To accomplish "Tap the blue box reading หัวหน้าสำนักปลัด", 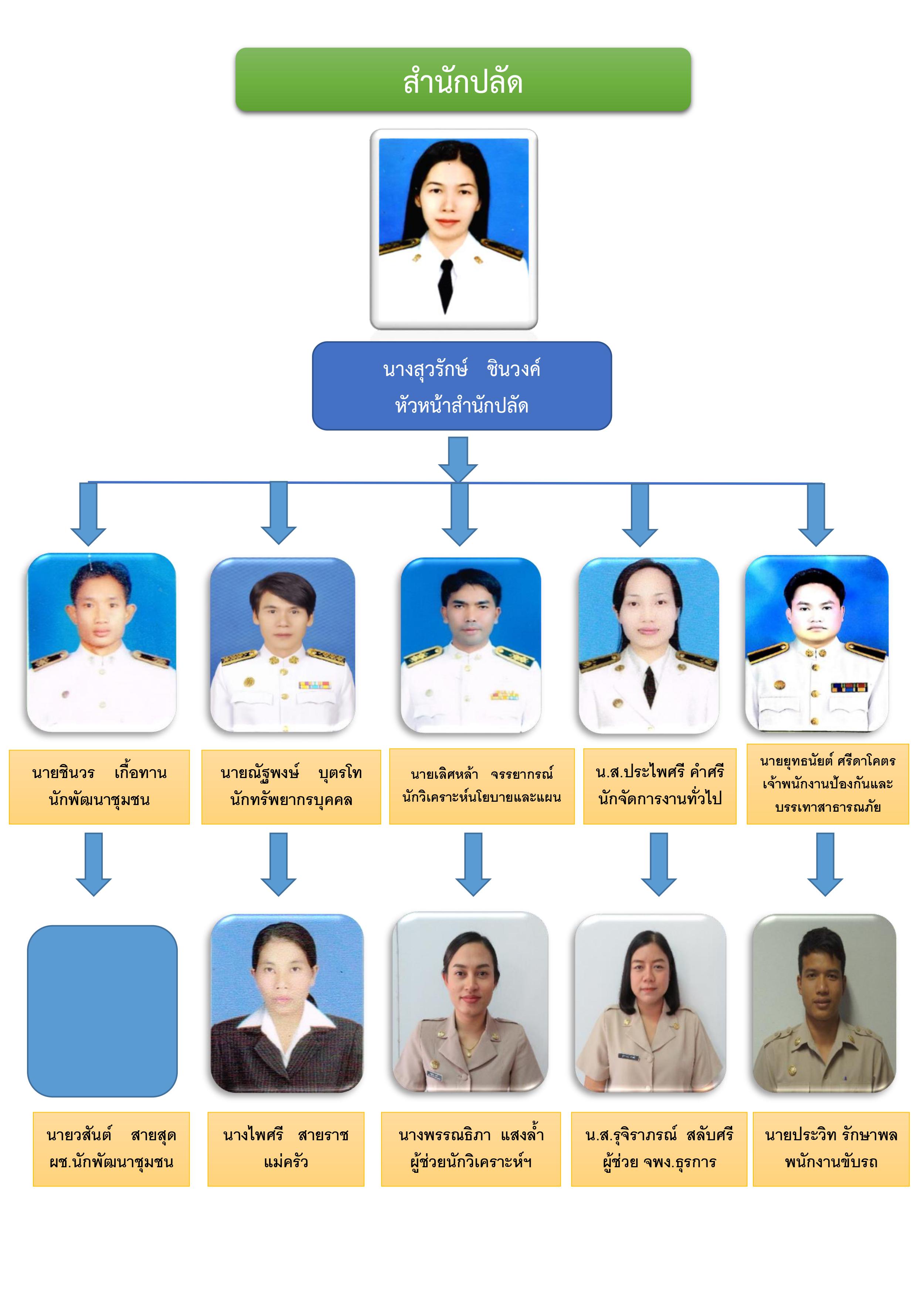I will pyautogui.click(x=462, y=386).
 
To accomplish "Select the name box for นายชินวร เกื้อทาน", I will pyautogui.click(x=99, y=786).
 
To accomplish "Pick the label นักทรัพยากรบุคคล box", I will pyautogui.click(x=291, y=786).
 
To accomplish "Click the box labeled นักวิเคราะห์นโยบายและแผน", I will pyautogui.click(x=481, y=786).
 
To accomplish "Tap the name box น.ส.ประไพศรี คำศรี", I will pyautogui.click(x=659, y=786).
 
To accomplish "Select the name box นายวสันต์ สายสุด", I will pyautogui.click(x=111, y=1149).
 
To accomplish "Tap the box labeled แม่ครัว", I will pyautogui.click(x=285, y=1149).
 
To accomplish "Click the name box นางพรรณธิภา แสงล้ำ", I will pyautogui.click(x=471, y=1149).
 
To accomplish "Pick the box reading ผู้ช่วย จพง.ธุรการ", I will pyautogui.click(x=659, y=1149).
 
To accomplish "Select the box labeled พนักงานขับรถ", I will pyautogui.click(x=831, y=1149).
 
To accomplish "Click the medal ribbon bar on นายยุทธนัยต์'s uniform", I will pyautogui.click(x=849, y=687).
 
